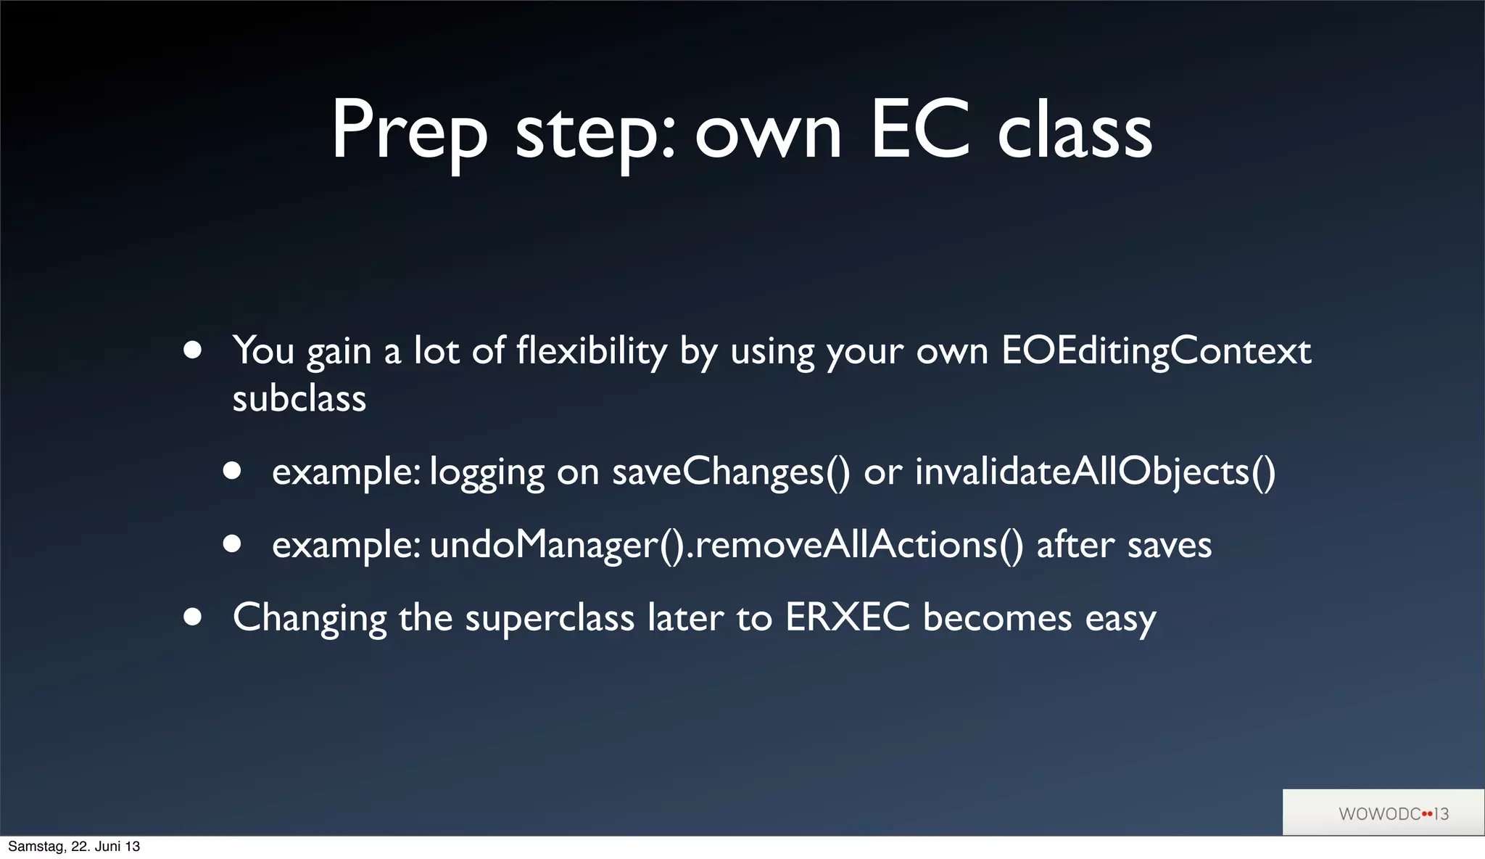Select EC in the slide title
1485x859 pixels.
tap(919, 131)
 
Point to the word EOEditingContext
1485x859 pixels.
tap(1156, 351)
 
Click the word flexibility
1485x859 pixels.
tap(591, 351)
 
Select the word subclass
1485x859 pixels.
tap(299, 399)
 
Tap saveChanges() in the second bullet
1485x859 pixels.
tap(731, 472)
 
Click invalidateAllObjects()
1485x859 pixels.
tap(1095, 472)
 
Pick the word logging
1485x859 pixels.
tap(487, 473)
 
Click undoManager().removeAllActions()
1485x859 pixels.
tap(727, 545)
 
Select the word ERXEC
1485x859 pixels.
tap(847, 618)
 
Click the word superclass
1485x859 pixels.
tap(549, 618)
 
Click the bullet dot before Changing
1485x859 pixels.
tap(192, 617)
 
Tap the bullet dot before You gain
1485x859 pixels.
tap(192, 350)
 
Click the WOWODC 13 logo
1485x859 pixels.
tap(1392, 813)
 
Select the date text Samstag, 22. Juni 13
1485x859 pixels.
tap(74, 847)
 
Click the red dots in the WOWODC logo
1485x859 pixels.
tap(1427, 814)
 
